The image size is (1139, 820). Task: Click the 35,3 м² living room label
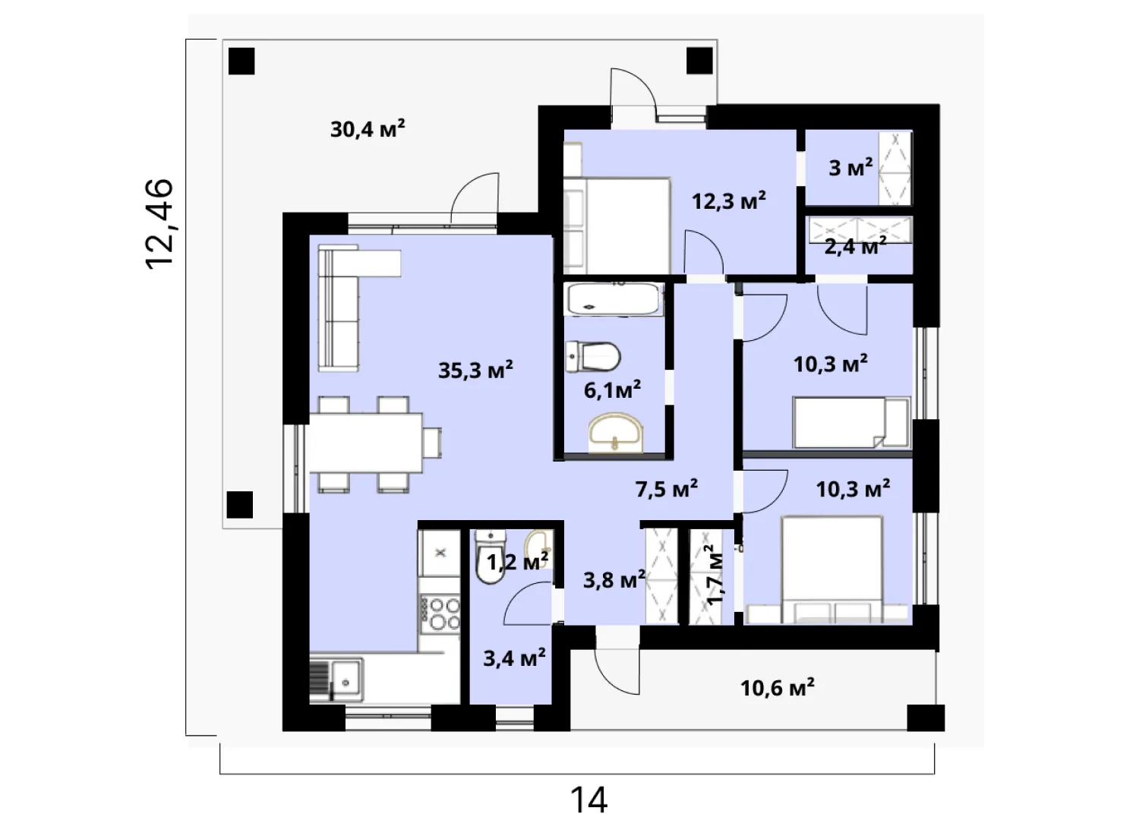pyautogui.click(x=475, y=370)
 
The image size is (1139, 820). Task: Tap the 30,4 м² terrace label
pyautogui.click(x=367, y=129)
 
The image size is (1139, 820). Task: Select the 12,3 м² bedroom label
pyautogui.click(x=729, y=201)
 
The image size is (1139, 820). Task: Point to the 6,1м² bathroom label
pyautogui.click(x=612, y=390)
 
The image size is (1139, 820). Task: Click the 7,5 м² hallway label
pyautogui.click(x=666, y=489)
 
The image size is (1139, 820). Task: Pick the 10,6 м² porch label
pyautogui.click(x=778, y=688)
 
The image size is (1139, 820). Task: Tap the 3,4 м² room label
pyautogui.click(x=514, y=658)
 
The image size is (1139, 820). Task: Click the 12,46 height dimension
pyautogui.click(x=159, y=224)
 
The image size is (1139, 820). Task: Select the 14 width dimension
pyautogui.click(x=588, y=799)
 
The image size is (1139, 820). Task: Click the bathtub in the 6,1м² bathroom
pyautogui.click(x=614, y=299)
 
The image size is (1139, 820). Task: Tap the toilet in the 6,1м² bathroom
pyautogui.click(x=593, y=356)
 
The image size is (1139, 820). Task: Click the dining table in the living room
pyautogui.click(x=367, y=443)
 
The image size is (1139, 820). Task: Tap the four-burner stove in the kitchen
pyautogui.click(x=440, y=613)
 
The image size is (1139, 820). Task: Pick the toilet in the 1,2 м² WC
pyautogui.click(x=491, y=557)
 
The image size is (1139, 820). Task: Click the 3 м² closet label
pyautogui.click(x=850, y=167)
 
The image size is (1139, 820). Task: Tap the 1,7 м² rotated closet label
pyautogui.click(x=715, y=575)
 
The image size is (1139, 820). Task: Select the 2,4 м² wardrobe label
pyautogui.click(x=855, y=247)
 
